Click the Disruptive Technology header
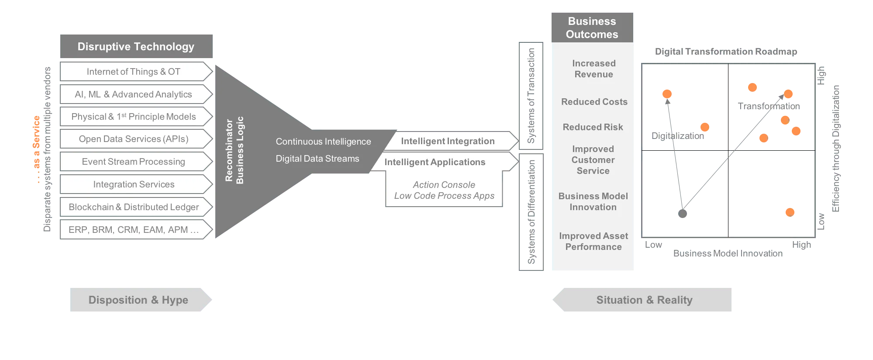[136, 46]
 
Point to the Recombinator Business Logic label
[234, 150]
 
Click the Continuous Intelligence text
[323, 142]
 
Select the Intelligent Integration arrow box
[452, 141]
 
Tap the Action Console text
[444, 185]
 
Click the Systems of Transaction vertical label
[531, 96]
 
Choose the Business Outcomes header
[592, 28]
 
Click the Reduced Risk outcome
[593, 127]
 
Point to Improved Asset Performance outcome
[594, 241]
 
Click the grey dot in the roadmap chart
[683, 214]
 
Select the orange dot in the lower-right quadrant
[790, 212]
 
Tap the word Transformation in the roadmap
[769, 106]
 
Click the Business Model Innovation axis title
[728, 253]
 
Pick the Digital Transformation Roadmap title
[726, 52]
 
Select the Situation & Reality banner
[642, 300]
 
